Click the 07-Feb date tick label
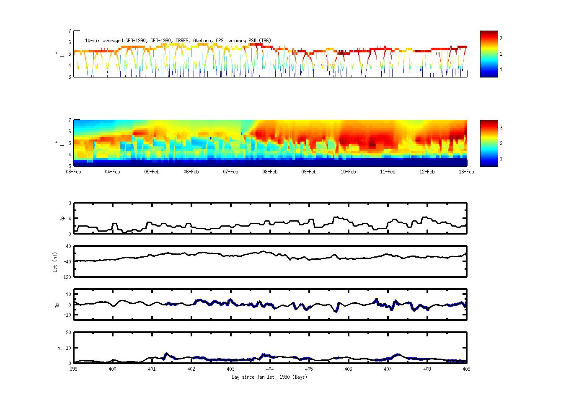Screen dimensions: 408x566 pyautogui.click(x=230, y=172)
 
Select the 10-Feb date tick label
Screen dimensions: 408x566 pyautogui.click(x=348, y=172)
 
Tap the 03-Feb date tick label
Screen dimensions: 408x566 pyautogui.click(x=74, y=172)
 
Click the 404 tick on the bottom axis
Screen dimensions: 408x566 pyautogui.click(x=270, y=369)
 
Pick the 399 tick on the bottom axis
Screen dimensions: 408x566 pyautogui.click(x=74, y=369)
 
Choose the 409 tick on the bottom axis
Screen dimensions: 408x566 pyautogui.click(x=466, y=369)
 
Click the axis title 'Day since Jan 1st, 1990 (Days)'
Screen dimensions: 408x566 pyautogui.click(x=269, y=377)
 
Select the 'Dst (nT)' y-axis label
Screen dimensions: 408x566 pyautogui.click(x=55, y=262)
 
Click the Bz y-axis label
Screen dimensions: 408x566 pyautogui.click(x=57, y=305)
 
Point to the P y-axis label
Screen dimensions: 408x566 pyautogui.click(x=59, y=348)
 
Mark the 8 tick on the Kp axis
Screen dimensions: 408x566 pyautogui.click(x=70, y=203)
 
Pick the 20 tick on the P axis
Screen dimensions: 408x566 pyautogui.click(x=68, y=333)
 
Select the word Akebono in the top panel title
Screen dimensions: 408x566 pyautogui.click(x=202, y=41)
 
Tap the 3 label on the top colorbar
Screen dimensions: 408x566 pyautogui.click(x=501, y=39)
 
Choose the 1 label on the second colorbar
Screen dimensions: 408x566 pyautogui.click(x=501, y=159)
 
